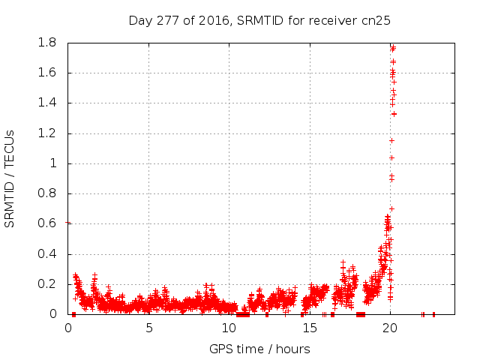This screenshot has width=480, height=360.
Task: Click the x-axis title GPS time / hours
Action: coord(259,349)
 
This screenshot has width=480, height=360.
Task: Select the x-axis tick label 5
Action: coord(148,328)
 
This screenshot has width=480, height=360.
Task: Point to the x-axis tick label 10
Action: coord(229,328)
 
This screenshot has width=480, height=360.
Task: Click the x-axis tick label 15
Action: coord(310,328)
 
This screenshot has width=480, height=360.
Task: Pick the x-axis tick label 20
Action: coord(390,328)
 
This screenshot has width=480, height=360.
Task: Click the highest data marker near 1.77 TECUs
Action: coord(392,47)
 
